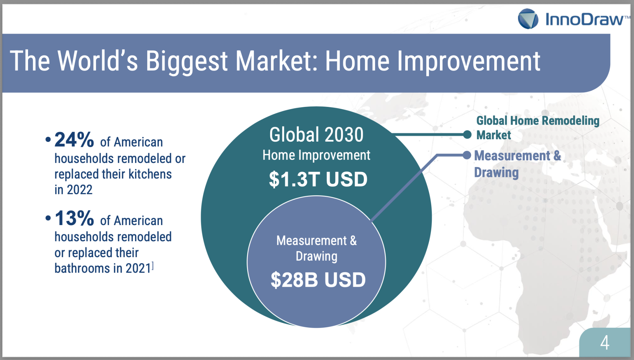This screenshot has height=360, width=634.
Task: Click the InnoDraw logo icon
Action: [528, 18]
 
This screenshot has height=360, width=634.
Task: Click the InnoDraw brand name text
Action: [584, 19]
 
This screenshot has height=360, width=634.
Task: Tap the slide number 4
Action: [605, 343]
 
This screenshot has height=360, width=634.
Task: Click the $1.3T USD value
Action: [318, 179]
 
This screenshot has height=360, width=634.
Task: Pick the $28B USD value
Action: [318, 280]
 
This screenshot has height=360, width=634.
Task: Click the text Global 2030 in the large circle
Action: [316, 135]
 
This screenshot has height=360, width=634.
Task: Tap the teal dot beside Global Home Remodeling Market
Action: [467, 135]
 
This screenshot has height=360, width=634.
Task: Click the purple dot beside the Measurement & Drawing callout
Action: [467, 155]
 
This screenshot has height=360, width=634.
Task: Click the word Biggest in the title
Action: [187, 61]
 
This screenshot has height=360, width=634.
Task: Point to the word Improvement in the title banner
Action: [469, 61]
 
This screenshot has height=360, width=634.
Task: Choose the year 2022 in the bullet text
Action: [80, 190]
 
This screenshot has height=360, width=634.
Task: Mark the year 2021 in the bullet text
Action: [138, 268]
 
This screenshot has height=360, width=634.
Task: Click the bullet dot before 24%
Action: [48, 140]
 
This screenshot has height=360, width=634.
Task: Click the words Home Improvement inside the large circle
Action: [316, 155]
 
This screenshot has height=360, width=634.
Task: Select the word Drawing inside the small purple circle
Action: [316, 256]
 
